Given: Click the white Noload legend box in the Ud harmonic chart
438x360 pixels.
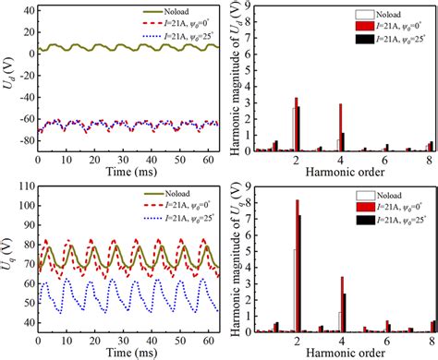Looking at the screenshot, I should pos(367,15).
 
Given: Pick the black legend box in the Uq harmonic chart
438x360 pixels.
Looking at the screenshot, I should pos(367,221).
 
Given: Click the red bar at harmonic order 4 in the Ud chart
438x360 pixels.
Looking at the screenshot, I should pos(340,126).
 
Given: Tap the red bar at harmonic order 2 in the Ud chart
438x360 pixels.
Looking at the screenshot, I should pos(297,124).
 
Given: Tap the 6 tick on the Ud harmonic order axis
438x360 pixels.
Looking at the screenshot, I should pos(385,159).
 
